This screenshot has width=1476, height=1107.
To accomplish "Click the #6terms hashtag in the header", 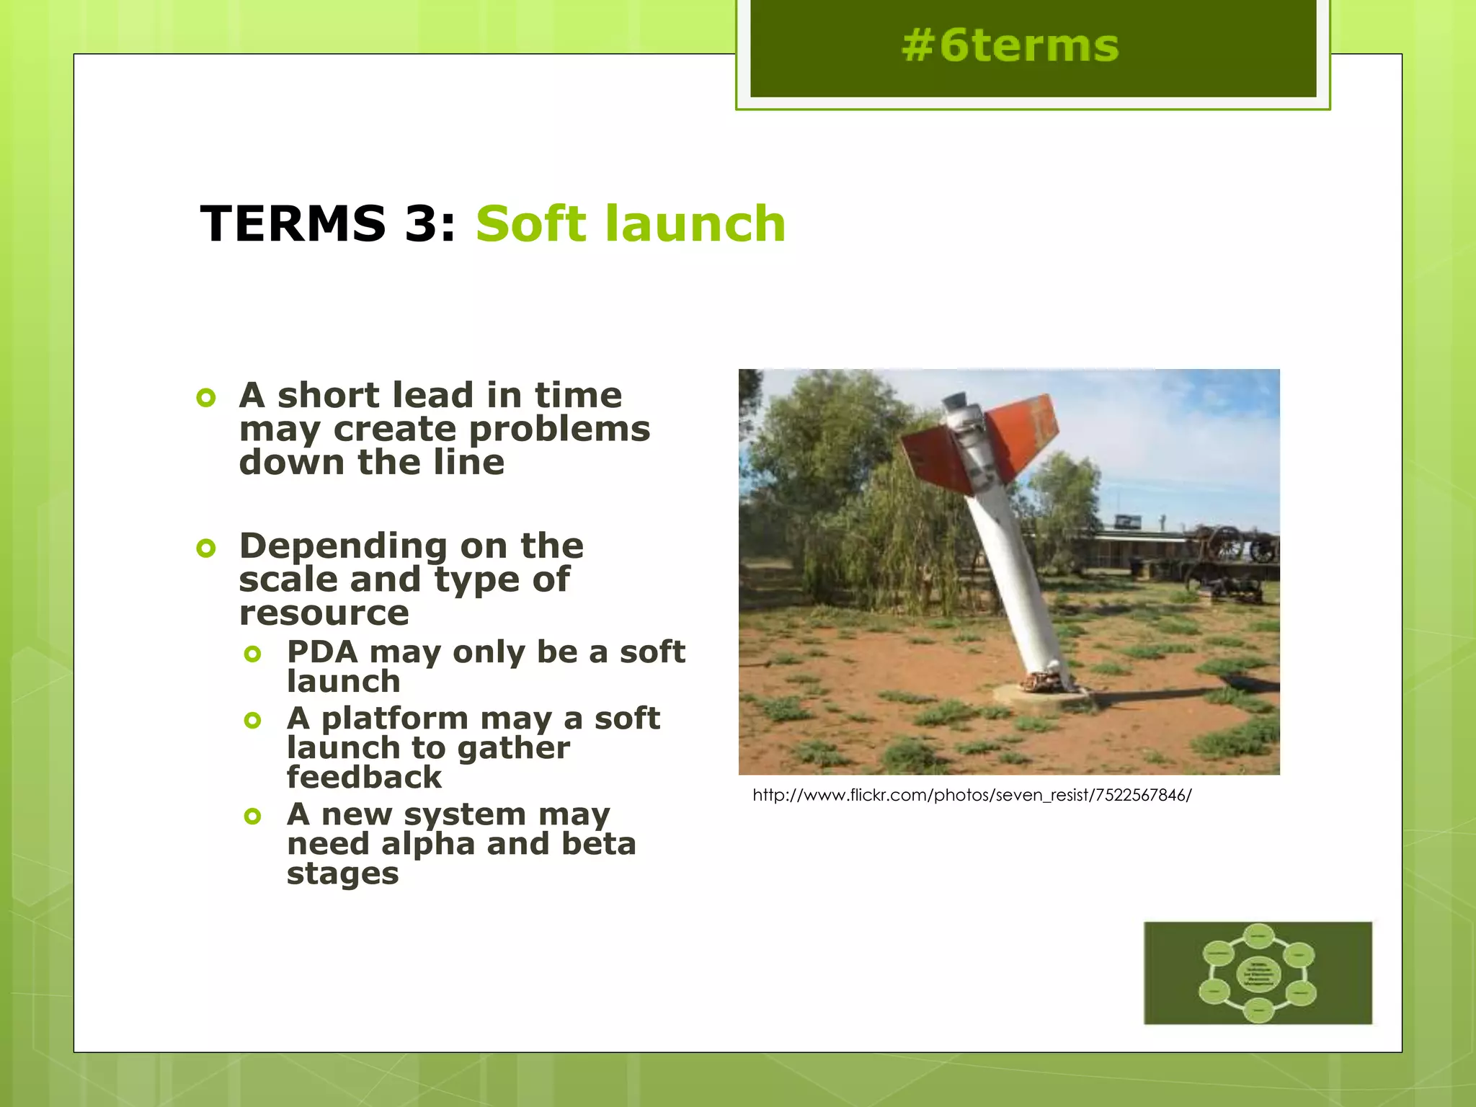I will pos(1010,46).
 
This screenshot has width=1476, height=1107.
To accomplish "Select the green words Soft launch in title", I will pos(631,223).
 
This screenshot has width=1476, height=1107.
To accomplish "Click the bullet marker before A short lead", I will pos(206,397).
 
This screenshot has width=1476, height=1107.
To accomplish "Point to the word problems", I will pos(559,430).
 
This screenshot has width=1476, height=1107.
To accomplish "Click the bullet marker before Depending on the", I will pos(206,548).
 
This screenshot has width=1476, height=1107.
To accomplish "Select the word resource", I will pos(324,613).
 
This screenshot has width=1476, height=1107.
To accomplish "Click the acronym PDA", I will pos(322,652).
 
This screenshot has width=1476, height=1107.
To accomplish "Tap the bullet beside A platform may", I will pos(252,720).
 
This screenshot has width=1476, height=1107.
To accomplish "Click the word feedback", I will pos(364,778).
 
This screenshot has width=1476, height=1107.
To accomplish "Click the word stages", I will pos(342,874).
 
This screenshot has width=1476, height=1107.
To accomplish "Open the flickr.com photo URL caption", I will pos(972,795).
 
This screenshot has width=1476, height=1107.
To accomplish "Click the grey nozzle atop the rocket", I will pos(957,401).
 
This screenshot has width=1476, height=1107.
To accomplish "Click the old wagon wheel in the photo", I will pos(1224,544).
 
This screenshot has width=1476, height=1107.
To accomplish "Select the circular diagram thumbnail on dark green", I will pos(1258,973).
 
